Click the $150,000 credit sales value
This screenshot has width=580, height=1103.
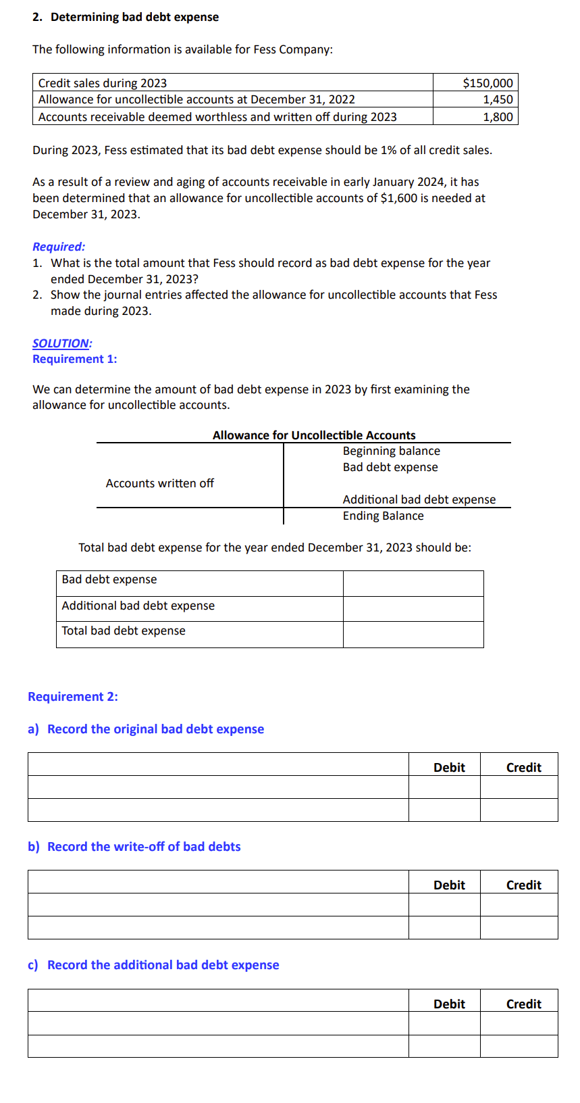coord(487,83)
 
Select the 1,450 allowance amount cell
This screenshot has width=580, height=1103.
coord(498,99)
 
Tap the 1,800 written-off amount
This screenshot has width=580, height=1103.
coord(498,117)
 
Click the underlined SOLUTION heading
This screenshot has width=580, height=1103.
coord(62,343)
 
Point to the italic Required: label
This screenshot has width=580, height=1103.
coord(59,247)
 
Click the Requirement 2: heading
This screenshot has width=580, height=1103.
coord(73,697)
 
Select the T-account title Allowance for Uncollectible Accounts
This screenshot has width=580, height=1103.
coord(314,435)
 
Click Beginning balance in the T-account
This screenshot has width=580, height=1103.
coord(391,451)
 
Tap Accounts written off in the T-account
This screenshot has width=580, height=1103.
coord(159,483)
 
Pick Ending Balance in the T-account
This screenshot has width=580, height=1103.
coord(383,516)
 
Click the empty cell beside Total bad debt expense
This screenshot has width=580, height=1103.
coord(413,634)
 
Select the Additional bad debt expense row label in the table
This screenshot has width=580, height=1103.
coord(138,606)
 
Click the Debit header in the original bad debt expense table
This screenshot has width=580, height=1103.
coord(449,767)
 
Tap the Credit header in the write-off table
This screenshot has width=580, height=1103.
coord(523,885)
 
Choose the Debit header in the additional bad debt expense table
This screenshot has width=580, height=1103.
coord(449,1004)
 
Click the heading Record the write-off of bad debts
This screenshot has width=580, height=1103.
coord(144,847)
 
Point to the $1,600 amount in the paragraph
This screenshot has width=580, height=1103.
coord(399,198)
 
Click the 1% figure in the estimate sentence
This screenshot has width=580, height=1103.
coord(388,150)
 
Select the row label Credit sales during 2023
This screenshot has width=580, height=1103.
coord(103,83)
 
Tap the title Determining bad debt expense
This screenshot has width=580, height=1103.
coord(134,17)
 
